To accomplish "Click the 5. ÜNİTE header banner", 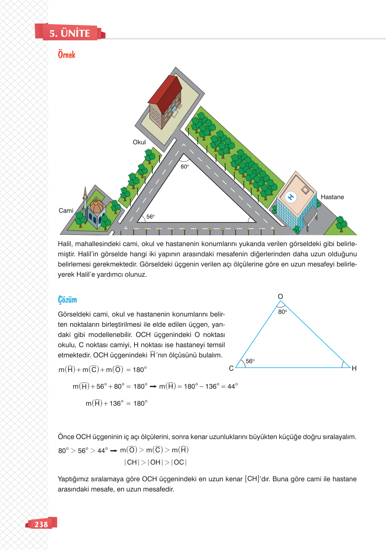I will [x=69, y=33].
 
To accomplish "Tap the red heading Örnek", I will [x=66, y=55].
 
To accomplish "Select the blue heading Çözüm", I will [x=67, y=300].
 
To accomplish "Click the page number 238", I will [x=41, y=524].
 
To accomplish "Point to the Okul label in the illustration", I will [x=139, y=142].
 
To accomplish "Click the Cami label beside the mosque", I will [x=66, y=211].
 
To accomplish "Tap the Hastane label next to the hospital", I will [x=332, y=197].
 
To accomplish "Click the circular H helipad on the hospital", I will [x=291, y=197].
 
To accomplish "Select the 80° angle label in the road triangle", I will [x=184, y=166].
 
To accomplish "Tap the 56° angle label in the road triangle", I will [x=150, y=216].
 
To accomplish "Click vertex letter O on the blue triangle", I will [x=280, y=296].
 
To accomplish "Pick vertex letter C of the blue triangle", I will [x=231, y=368].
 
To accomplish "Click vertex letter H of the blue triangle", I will [x=354, y=368].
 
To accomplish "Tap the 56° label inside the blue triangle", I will [x=250, y=361].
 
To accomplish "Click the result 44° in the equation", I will [x=232, y=386].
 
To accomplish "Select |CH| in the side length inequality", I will [x=132, y=462].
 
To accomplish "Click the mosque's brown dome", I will [x=96, y=206].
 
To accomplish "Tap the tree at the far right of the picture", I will [x=341, y=224].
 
